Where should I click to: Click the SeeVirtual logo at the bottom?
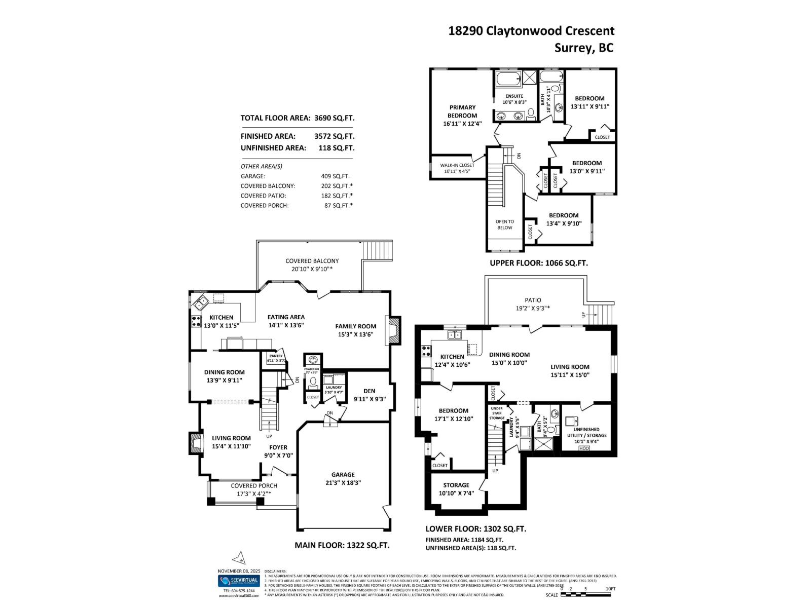(239, 581)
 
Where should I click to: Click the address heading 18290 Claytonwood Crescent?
(531, 31)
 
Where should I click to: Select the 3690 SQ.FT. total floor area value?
(334, 118)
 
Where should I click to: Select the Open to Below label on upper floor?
(504, 224)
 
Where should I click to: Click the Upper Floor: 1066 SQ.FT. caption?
(538, 263)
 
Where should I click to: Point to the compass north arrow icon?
(239, 558)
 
